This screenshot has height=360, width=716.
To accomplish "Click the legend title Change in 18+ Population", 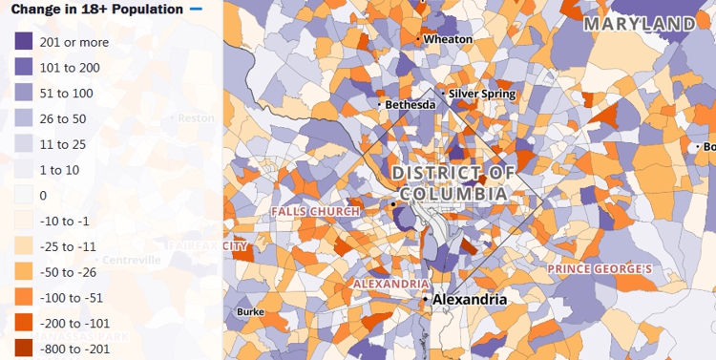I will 96,10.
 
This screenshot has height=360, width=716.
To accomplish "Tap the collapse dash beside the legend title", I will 197,10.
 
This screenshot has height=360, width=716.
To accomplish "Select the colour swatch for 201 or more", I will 23,42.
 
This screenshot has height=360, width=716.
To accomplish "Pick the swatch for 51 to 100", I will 23,94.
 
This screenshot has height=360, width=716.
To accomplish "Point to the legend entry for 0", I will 43,196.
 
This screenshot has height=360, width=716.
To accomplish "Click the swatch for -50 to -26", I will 23,272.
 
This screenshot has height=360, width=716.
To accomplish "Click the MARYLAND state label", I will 640,23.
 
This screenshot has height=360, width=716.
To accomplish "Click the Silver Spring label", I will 482,94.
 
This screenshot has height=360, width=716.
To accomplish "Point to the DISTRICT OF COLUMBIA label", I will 453,183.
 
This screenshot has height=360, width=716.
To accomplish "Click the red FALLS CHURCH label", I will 315,211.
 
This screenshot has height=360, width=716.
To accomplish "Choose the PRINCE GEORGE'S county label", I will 600,269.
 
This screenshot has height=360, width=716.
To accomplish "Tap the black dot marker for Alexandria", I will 426,300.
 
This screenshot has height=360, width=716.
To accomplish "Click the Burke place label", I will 250,312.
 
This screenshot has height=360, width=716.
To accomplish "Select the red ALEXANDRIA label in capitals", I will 391,284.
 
